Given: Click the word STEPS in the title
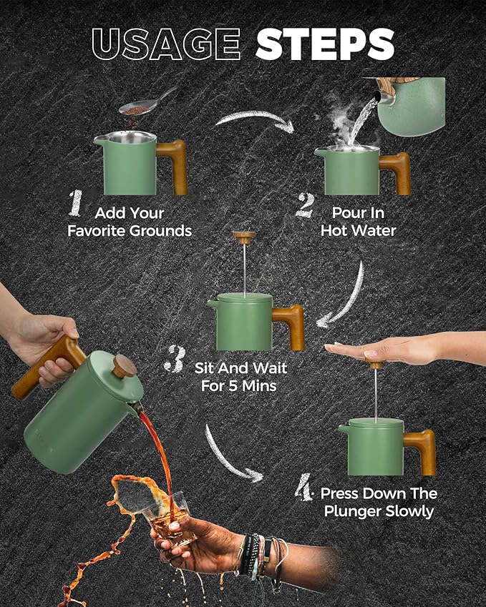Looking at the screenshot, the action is [x=325, y=44].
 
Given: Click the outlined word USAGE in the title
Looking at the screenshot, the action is [x=166, y=44].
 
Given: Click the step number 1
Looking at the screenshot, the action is [x=76, y=203].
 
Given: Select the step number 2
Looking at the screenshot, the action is [x=305, y=204].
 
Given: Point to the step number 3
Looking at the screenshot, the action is [x=175, y=358].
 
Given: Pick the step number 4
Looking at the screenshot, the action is [x=303, y=487].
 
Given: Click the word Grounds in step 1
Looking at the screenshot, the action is [x=160, y=231].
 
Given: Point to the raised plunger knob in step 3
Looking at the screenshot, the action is [x=244, y=237].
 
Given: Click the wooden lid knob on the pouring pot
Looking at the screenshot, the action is [x=125, y=366].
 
